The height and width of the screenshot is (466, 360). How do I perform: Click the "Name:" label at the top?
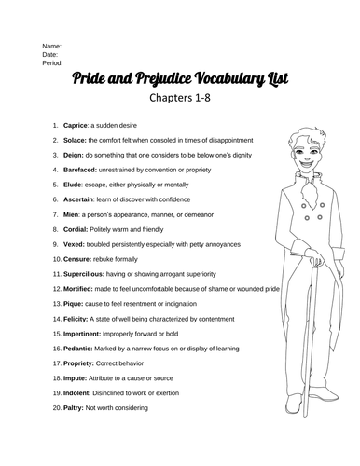click(51, 45)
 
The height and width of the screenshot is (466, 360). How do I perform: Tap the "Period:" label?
click(54, 63)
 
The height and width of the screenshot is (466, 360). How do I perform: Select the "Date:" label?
click(50, 54)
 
